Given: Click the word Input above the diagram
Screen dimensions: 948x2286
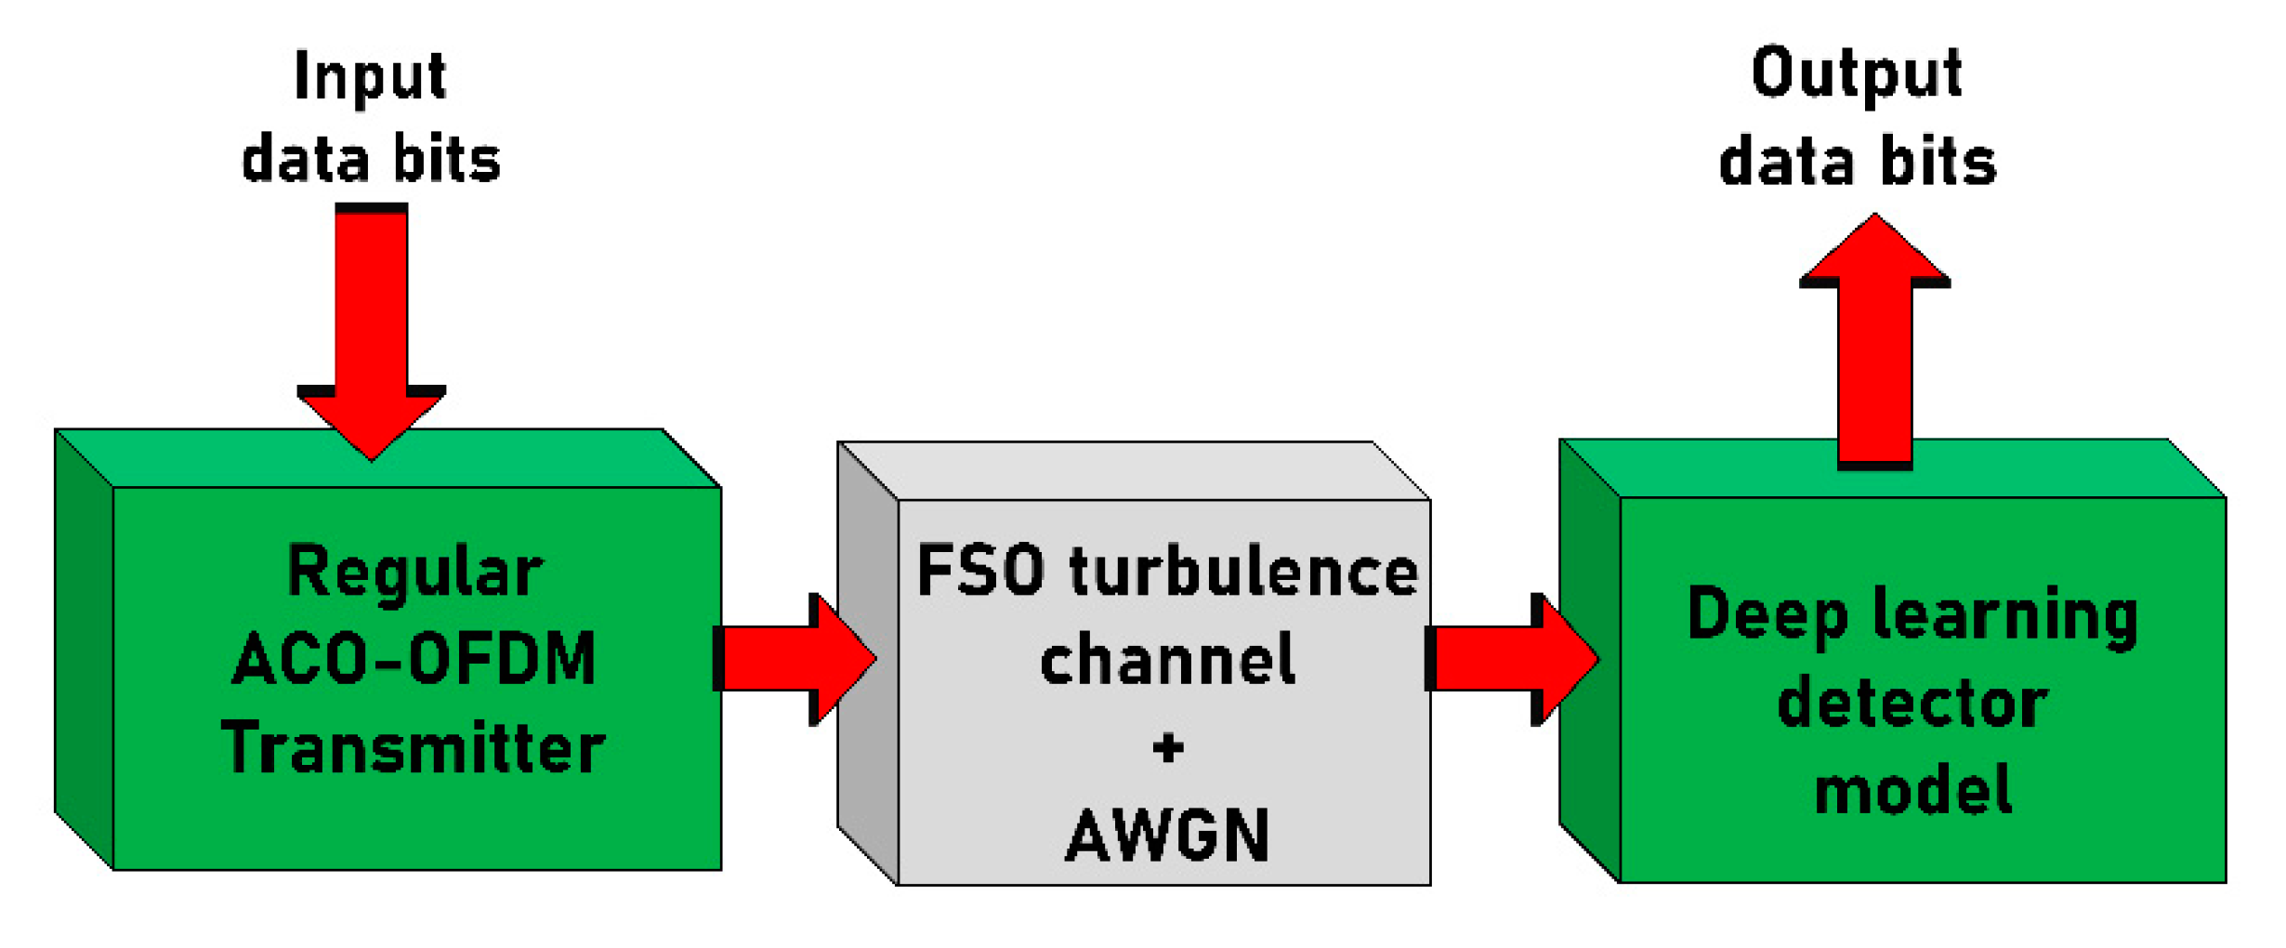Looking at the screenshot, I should pos(370,77).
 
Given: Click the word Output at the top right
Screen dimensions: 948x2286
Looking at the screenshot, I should pos(1856,74).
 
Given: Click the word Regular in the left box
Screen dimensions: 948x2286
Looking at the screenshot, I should pos(414,571).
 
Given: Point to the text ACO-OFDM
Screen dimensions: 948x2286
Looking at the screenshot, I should pos(414,658).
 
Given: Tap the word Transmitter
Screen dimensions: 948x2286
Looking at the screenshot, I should pos(414,747).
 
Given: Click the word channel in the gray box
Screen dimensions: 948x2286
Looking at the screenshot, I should pos(1167,658).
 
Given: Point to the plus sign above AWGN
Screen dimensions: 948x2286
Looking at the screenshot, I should pos(1168,747).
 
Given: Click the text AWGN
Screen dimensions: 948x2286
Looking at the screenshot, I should pos(1167,835).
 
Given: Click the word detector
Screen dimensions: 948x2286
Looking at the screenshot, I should pos(1912,703).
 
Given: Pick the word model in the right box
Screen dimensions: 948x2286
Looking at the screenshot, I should pos(1912,790).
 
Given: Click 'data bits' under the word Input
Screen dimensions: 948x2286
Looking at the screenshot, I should pos(371,160).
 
